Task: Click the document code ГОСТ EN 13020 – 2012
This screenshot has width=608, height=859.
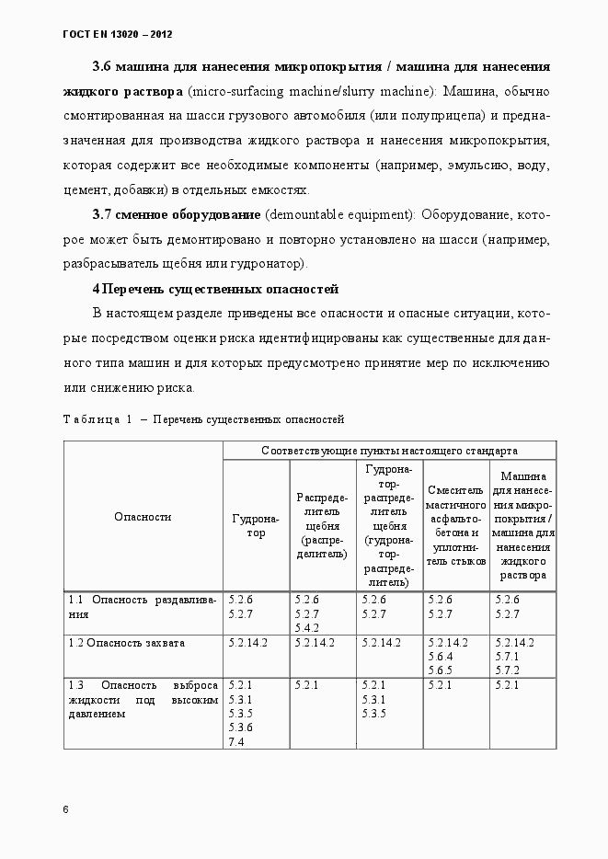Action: pyautogui.click(x=116, y=34)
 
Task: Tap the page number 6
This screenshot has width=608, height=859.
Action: pyautogui.click(x=65, y=809)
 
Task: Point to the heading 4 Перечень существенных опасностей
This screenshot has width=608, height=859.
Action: pyautogui.click(x=215, y=289)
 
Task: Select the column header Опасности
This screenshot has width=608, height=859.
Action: pyautogui.click(x=143, y=517)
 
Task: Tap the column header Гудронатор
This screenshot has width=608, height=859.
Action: pyautogui.click(x=256, y=525)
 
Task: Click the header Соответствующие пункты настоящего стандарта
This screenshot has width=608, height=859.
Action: pyautogui.click(x=389, y=451)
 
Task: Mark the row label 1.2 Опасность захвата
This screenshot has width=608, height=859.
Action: pyautogui.click(x=126, y=643)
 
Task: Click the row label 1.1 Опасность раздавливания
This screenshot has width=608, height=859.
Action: pyautogui.click(x=143, y=607)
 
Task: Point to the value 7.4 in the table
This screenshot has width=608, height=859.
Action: pyautogui.click(x=235, y=741)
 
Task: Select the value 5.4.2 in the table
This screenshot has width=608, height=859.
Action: pyautogui.click(x=306, y=627)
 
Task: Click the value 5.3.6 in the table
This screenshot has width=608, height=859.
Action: pyautogui.click(x=240, y=727)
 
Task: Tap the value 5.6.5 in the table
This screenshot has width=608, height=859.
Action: pyautogui.click(x=441, y=670)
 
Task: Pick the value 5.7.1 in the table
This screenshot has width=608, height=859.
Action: pyautogui.click(x=507, y=657)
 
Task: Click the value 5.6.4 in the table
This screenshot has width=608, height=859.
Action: pyautogui.click(x=441, y=657)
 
